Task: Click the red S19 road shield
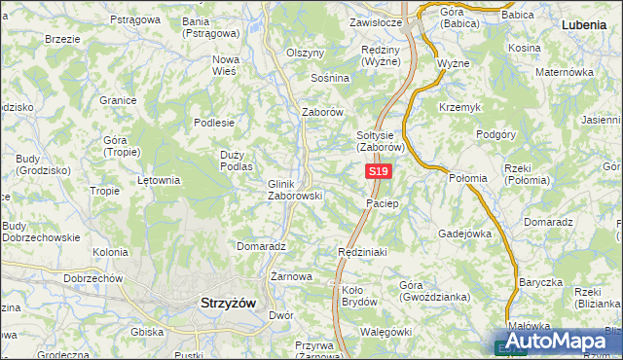[x=379, y=172]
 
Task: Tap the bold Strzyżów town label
[x=227, y=303]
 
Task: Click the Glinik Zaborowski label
[x=295, y=189]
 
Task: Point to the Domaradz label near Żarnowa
[x=260, y=246]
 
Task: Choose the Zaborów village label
[x=323, y=112]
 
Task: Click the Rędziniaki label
[x=362, y=251]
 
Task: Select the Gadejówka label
[x=464, y=234]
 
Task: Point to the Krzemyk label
[x=458, y=106]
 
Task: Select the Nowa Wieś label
[x=226, y=64]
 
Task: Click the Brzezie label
[x=62, y=39]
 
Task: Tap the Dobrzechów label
[x=92, y=278]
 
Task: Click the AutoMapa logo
[x=555, y=342]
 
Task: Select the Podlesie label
[x=214, y=123]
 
